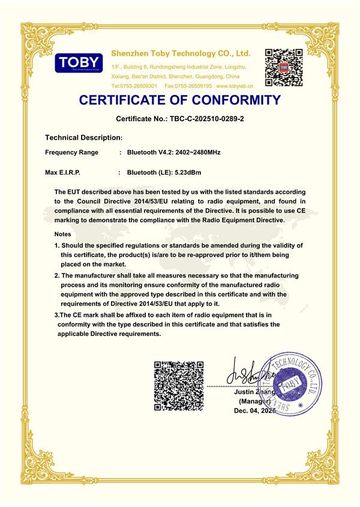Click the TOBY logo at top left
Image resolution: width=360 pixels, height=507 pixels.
[x=79, y=62]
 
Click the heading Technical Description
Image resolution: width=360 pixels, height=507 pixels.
[x=83, y=137]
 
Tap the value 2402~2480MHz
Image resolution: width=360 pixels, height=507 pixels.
[x=198, y=152]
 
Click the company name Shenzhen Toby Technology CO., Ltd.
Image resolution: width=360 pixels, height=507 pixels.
[x=181, y=54]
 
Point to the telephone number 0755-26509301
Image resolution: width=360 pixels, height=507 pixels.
[x=142, y=86]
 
